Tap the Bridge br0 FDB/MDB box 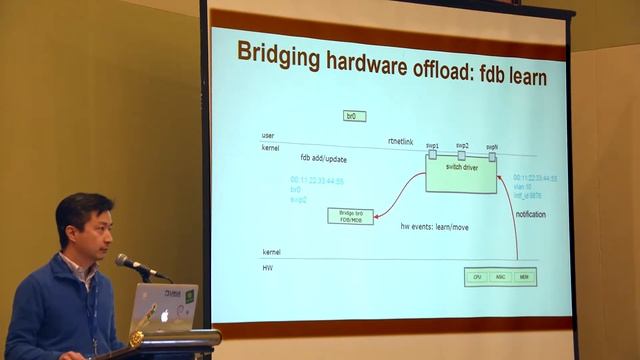click(x=350, y=216)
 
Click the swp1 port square click(x=432, y=154)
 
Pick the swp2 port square click(x=461, y=155)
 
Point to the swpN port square click(x=491, y=156)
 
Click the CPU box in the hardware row click(x=477, y=277)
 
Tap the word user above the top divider click(x=268, y=135)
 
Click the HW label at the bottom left click(x=267, y=267)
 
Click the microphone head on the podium click(x=124, y=261)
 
